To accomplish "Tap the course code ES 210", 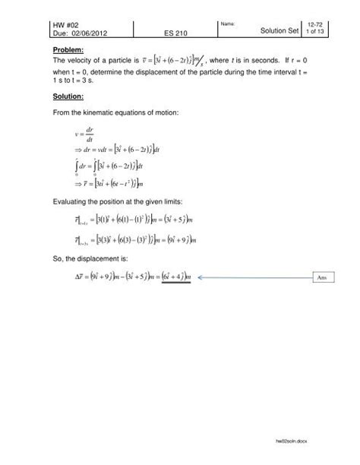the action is coord(175,36).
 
